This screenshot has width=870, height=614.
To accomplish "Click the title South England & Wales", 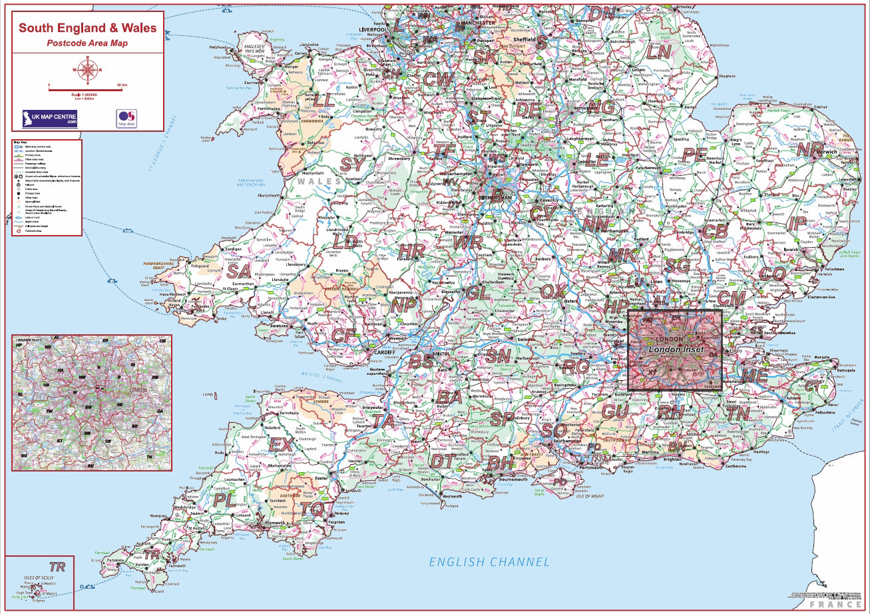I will tap(88, 28).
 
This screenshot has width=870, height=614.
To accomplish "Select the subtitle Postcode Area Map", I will tap(87, 43).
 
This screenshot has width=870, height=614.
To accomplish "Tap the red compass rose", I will tap(87, 67).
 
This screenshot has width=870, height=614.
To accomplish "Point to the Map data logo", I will tap(126, 119).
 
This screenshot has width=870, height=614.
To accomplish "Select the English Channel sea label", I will tap(489, 562).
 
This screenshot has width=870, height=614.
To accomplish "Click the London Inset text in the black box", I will tap(676, 350).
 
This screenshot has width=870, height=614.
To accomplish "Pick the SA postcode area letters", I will tap(238, 272).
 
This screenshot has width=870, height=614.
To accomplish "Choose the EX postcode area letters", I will tap(280, 444).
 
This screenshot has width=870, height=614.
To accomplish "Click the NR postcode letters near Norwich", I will tap(810, 150).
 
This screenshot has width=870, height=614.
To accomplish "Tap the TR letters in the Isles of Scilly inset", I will tap(59, 567).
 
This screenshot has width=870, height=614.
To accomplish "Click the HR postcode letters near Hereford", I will tap(412, 250).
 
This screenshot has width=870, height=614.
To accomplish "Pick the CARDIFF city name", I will tap(381, 352).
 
